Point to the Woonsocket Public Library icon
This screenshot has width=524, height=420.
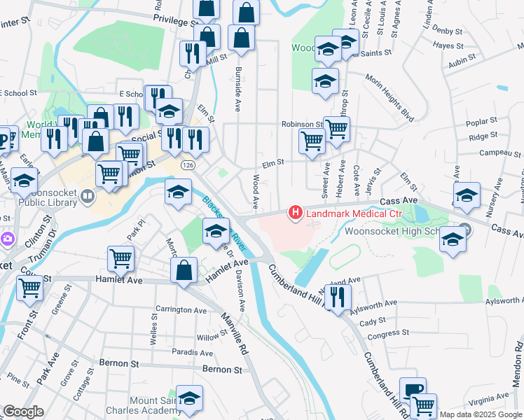(88, 196)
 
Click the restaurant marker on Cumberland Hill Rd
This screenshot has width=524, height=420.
(338, 297)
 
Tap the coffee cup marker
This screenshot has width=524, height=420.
(413, 390)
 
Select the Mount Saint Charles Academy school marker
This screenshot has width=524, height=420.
(188, 398)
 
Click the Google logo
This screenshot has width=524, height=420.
(23, 412)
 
